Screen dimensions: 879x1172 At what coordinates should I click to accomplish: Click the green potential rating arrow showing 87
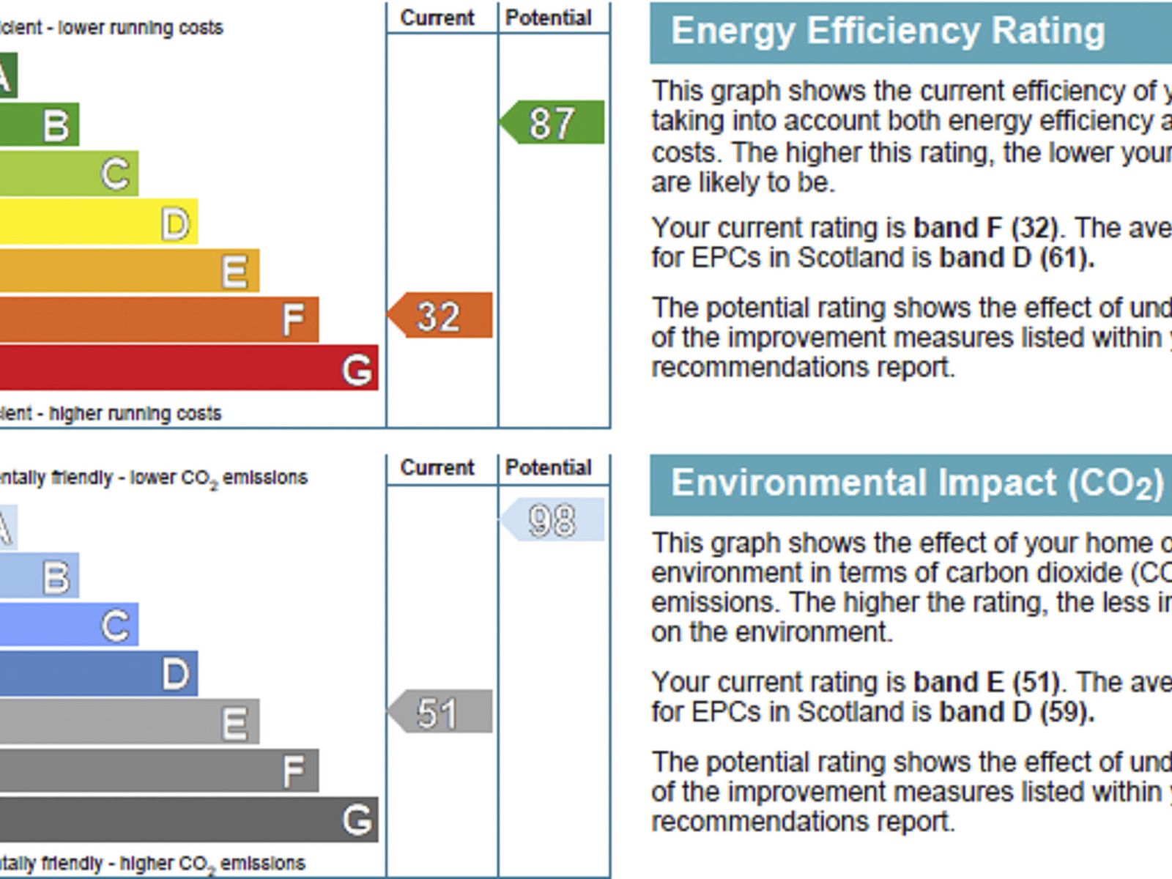click(553, 122)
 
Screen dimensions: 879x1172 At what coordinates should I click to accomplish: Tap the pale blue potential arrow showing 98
click(554, 520)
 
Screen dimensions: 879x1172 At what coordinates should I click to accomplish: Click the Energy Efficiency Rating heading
click(888, 31)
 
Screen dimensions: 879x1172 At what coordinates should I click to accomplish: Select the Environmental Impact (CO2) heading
click(916, 483)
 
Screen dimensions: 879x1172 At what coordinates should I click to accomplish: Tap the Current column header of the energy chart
click(437, 18)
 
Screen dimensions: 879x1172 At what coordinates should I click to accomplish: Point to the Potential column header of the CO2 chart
click(549, 467)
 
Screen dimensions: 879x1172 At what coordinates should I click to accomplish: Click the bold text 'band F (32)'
click(986, 228)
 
